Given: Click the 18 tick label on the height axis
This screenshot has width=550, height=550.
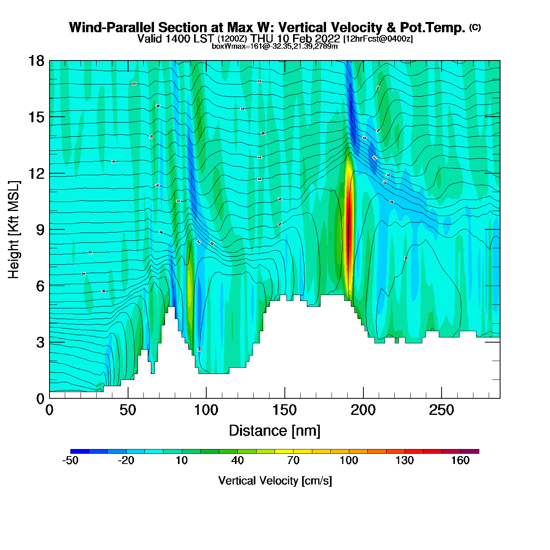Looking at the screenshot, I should tap(36, 61).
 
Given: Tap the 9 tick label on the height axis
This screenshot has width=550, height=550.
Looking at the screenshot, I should tap(40, 230).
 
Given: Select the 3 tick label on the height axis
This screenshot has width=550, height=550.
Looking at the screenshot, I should tap(40, 342).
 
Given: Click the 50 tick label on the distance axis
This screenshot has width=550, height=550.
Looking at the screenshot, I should tap(128, 411).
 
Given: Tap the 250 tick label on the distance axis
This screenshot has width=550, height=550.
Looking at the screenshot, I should tap(441, 411).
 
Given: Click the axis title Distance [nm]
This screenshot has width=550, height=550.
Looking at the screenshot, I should tap(275, 431).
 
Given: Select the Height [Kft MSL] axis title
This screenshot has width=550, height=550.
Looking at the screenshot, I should tap(14, 230).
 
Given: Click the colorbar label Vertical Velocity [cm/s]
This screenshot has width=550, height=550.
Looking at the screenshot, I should tap(275, 480).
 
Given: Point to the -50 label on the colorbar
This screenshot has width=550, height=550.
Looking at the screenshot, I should tap(70, 460).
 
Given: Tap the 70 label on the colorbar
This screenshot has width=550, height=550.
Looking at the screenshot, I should tap(293, 460).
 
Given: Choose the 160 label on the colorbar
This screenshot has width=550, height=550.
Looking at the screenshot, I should tap(460, 460).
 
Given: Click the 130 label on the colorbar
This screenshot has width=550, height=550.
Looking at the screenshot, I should tap(404, 460).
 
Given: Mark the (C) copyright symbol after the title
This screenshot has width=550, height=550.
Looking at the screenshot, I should tap(475, 27).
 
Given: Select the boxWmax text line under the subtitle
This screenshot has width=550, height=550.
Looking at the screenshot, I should tap(275, 46).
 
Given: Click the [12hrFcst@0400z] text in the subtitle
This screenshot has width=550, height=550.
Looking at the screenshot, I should tap(378, 39).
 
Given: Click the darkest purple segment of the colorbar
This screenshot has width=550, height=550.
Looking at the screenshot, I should tap(469, 451).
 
